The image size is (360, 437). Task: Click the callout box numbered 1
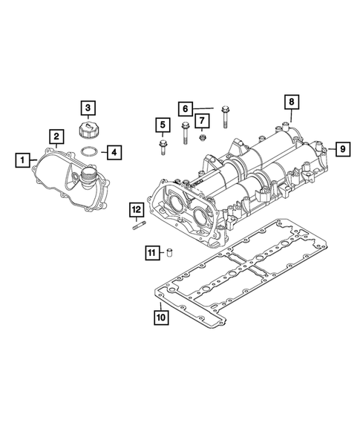[24, 159]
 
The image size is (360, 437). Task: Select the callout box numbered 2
[56, 136]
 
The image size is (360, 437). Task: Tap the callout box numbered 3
[88, 108]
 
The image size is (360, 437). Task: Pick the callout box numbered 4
[114, 153]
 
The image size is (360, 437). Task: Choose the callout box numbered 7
[201, 120]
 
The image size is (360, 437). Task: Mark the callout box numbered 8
[291, 101]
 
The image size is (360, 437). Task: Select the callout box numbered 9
[341, 149]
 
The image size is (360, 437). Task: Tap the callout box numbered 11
[151, 254]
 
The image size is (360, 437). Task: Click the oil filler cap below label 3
[87, 132]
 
